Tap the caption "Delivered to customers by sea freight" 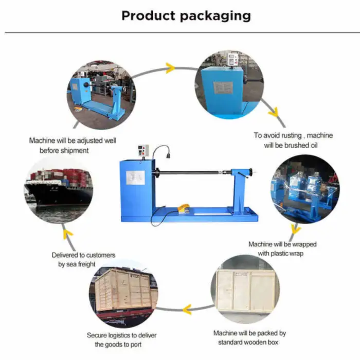(83, 259)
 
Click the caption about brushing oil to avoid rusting (293, 140)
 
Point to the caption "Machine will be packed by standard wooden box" (249, 337)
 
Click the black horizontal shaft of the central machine (195, 174)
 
